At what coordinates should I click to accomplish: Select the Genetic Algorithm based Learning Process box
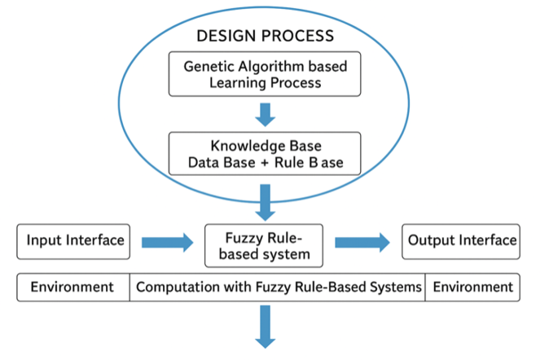pos(264,74)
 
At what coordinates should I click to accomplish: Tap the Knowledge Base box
pos(264,153)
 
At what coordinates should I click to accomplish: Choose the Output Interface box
pos(461,240)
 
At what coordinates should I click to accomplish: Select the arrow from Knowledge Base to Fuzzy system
pos(265,200)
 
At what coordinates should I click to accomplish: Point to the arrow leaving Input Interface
pos(168,241)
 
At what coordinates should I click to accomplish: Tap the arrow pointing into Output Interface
pos(362,241)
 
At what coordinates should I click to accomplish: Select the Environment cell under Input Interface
pos(72,288)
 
